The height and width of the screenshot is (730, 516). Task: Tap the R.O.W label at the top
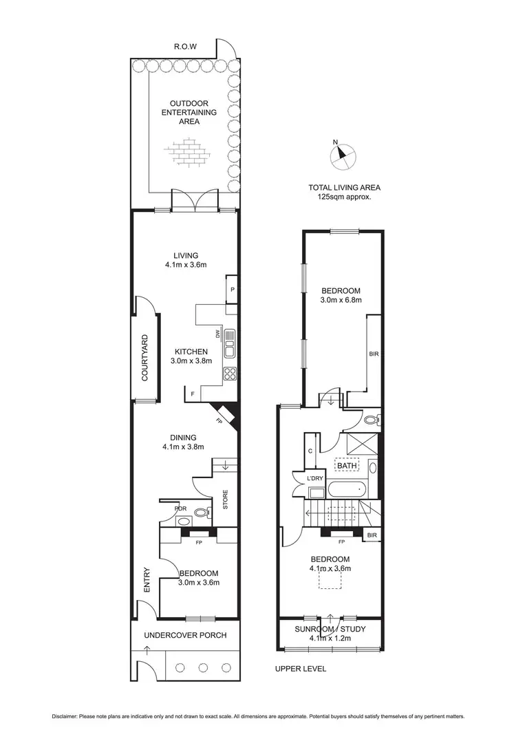point(185,47)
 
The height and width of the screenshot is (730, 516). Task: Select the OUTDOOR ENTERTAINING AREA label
point(189,112)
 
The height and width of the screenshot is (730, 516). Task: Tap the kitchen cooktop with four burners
point(230,374)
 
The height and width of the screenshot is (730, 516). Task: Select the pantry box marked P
point(233,290)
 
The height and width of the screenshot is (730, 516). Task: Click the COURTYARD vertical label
point(145,358)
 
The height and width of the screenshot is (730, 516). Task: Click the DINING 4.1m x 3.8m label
point(182,442)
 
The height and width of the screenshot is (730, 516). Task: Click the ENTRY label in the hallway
point(146,579)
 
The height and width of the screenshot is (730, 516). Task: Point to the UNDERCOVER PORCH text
point(185,635)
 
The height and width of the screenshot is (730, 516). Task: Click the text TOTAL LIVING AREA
point(344,187)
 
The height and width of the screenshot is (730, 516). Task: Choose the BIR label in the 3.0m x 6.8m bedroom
point(374,354)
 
